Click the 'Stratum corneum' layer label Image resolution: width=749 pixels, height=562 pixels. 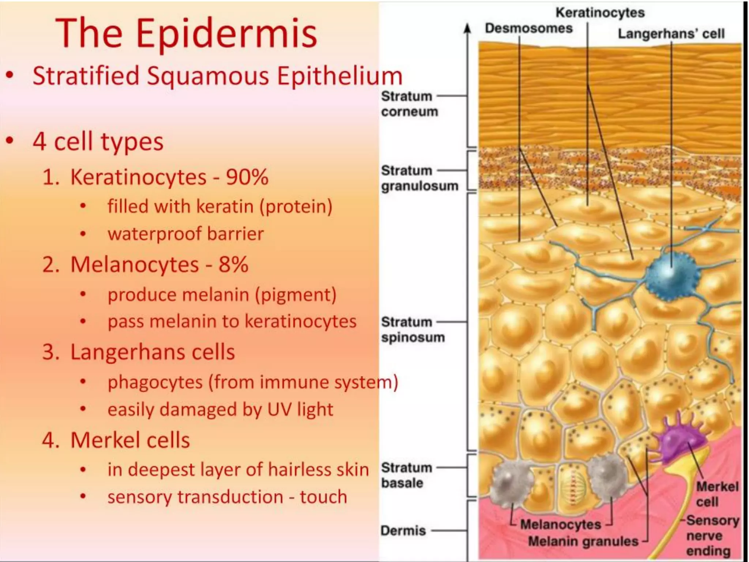409,104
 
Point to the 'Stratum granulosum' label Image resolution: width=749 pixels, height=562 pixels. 419,178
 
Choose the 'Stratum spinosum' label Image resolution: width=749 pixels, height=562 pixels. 413,330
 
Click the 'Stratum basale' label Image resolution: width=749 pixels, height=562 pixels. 406,475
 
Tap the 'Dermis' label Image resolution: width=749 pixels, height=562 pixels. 403,531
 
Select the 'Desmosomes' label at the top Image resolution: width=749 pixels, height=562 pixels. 528,28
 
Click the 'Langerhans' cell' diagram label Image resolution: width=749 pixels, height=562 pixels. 671,34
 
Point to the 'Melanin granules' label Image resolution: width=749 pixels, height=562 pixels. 583,541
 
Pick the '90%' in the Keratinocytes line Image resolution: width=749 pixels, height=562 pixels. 247,177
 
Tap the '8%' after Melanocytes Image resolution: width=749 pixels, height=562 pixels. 233,265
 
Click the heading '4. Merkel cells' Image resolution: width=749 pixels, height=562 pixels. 116,440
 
